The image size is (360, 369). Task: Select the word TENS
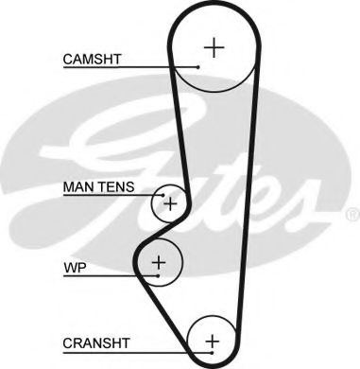point(120,187)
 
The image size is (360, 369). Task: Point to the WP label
point(73,268)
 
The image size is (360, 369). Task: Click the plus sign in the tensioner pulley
point(170,202)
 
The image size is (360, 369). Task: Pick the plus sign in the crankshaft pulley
point(212,340)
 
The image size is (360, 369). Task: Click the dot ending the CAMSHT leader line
point(199,67)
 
